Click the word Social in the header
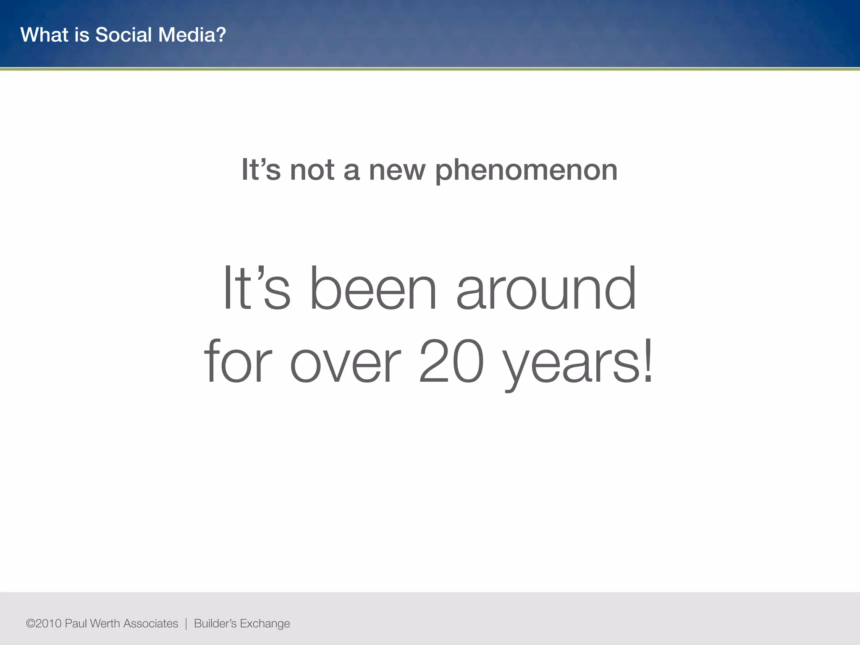pos(123,35)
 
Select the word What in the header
pos(45,35)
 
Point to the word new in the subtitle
pos(397,171)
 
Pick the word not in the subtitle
pos(312,171)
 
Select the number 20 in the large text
pos(451,362)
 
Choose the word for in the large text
pos(238,362)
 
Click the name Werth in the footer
pos(105,624)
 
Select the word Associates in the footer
pos(151,624)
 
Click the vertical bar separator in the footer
pos(186,624)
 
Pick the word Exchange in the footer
pos(265,624)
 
